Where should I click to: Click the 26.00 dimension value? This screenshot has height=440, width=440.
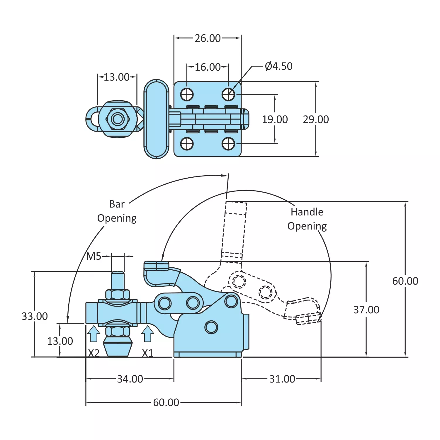(x=208, y=38)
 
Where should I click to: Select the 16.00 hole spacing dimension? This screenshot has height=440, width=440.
(x=208, y=67)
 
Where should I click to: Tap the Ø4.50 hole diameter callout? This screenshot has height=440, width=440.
(x=278, y=66)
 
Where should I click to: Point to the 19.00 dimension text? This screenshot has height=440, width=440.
(x=275, y=120)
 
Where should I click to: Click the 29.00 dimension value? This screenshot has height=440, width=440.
(x=316, y=120)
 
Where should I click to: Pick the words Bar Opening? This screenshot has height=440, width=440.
(x=117, y=211)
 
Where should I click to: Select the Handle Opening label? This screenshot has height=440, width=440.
(x=307, y=219)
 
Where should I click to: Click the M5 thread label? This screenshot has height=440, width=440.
(x=94, y=256)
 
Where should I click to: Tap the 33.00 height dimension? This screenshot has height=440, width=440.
(x=35, y=316)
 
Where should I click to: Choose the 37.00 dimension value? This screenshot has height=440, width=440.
(x=366, y=310)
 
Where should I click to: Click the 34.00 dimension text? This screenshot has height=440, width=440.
(x=130, y=379)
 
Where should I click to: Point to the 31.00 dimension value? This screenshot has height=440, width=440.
(x=282, y=379)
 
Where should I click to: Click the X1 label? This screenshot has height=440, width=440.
(x=148, y=353)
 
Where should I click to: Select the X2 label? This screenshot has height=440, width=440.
(x=94, y=353)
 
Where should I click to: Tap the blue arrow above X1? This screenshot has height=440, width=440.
(x=147, y=334)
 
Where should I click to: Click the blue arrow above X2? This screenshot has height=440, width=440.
(x=94, y=334)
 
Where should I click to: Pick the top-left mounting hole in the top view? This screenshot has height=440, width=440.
(x=187, y=94)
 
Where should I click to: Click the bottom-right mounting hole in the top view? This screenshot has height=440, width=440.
(x=228, y=144)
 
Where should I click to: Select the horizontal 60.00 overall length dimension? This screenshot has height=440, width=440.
(x=166, y=402)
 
